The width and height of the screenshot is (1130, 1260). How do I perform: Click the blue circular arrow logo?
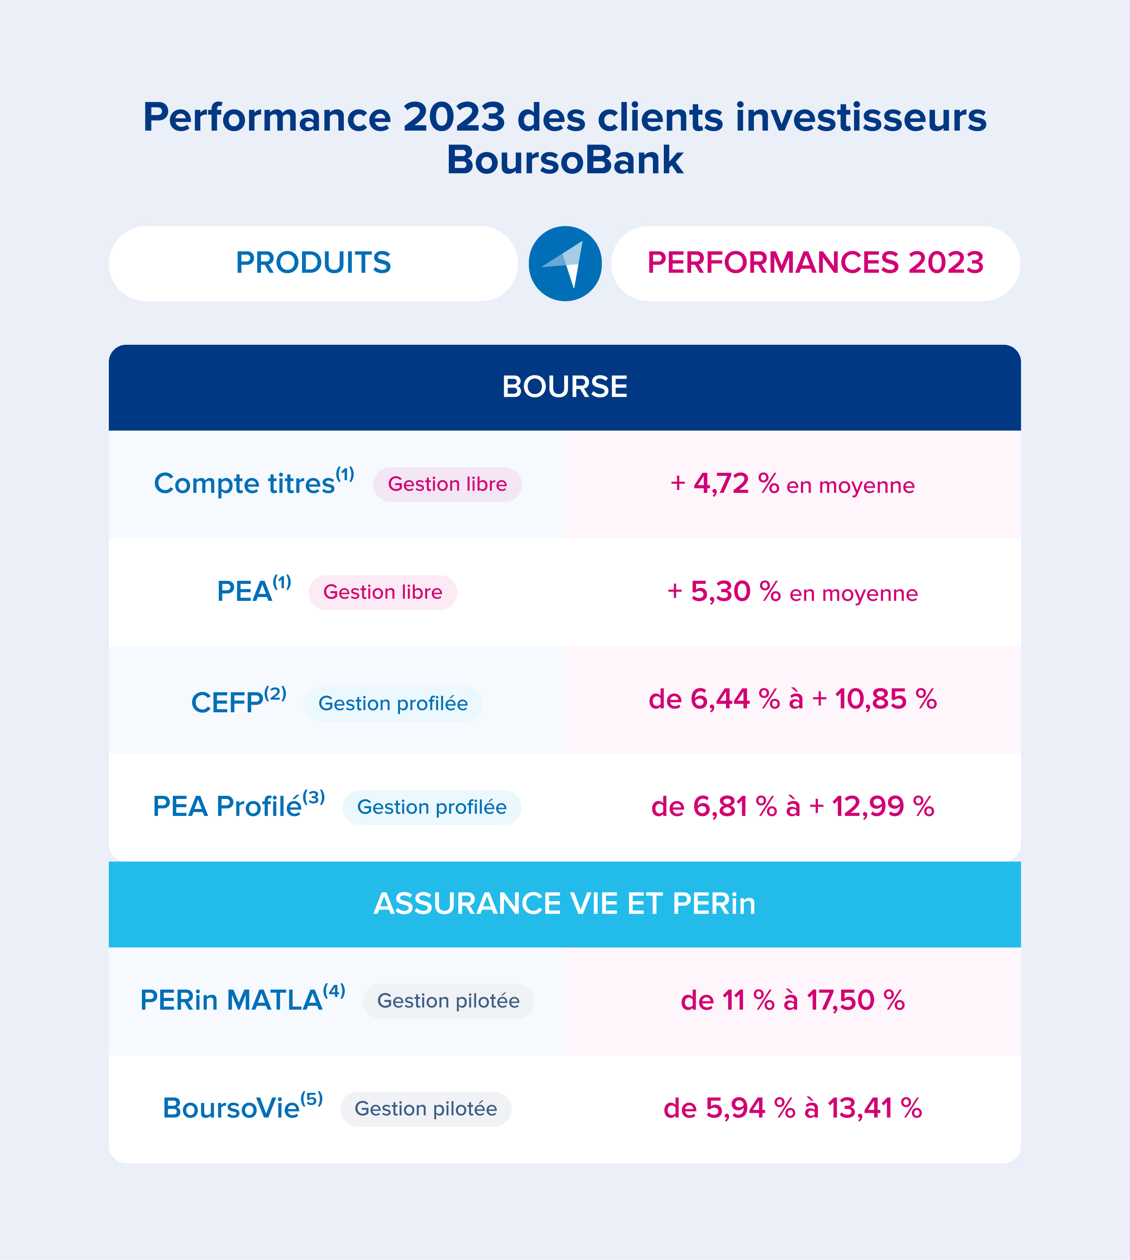click(x=565, y=263)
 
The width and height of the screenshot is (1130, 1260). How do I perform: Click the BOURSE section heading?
click(x=565, y=387)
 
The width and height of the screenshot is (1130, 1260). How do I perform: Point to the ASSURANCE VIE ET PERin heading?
click(x=565, y=903)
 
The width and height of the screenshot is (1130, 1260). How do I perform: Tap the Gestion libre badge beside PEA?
click(x=383, y=593)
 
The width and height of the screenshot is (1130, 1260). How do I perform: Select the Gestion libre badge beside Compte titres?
click(x=447, y=485)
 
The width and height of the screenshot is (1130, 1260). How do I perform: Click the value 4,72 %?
click(x=736, y=484)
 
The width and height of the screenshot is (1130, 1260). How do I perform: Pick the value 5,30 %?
click(x=735, y=592)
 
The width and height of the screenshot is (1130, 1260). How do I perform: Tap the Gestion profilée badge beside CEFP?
click(x=393, y=704)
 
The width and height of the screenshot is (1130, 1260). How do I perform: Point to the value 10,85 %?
click(x=885, y=699)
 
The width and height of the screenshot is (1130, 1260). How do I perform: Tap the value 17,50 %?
click(x=855, y=1001)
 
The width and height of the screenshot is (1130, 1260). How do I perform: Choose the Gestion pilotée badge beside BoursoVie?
click(x=425, y=1108)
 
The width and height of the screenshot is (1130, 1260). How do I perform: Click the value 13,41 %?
click(x=874, y=1108)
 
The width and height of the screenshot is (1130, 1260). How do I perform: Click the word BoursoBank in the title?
click(x=565, y=160)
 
